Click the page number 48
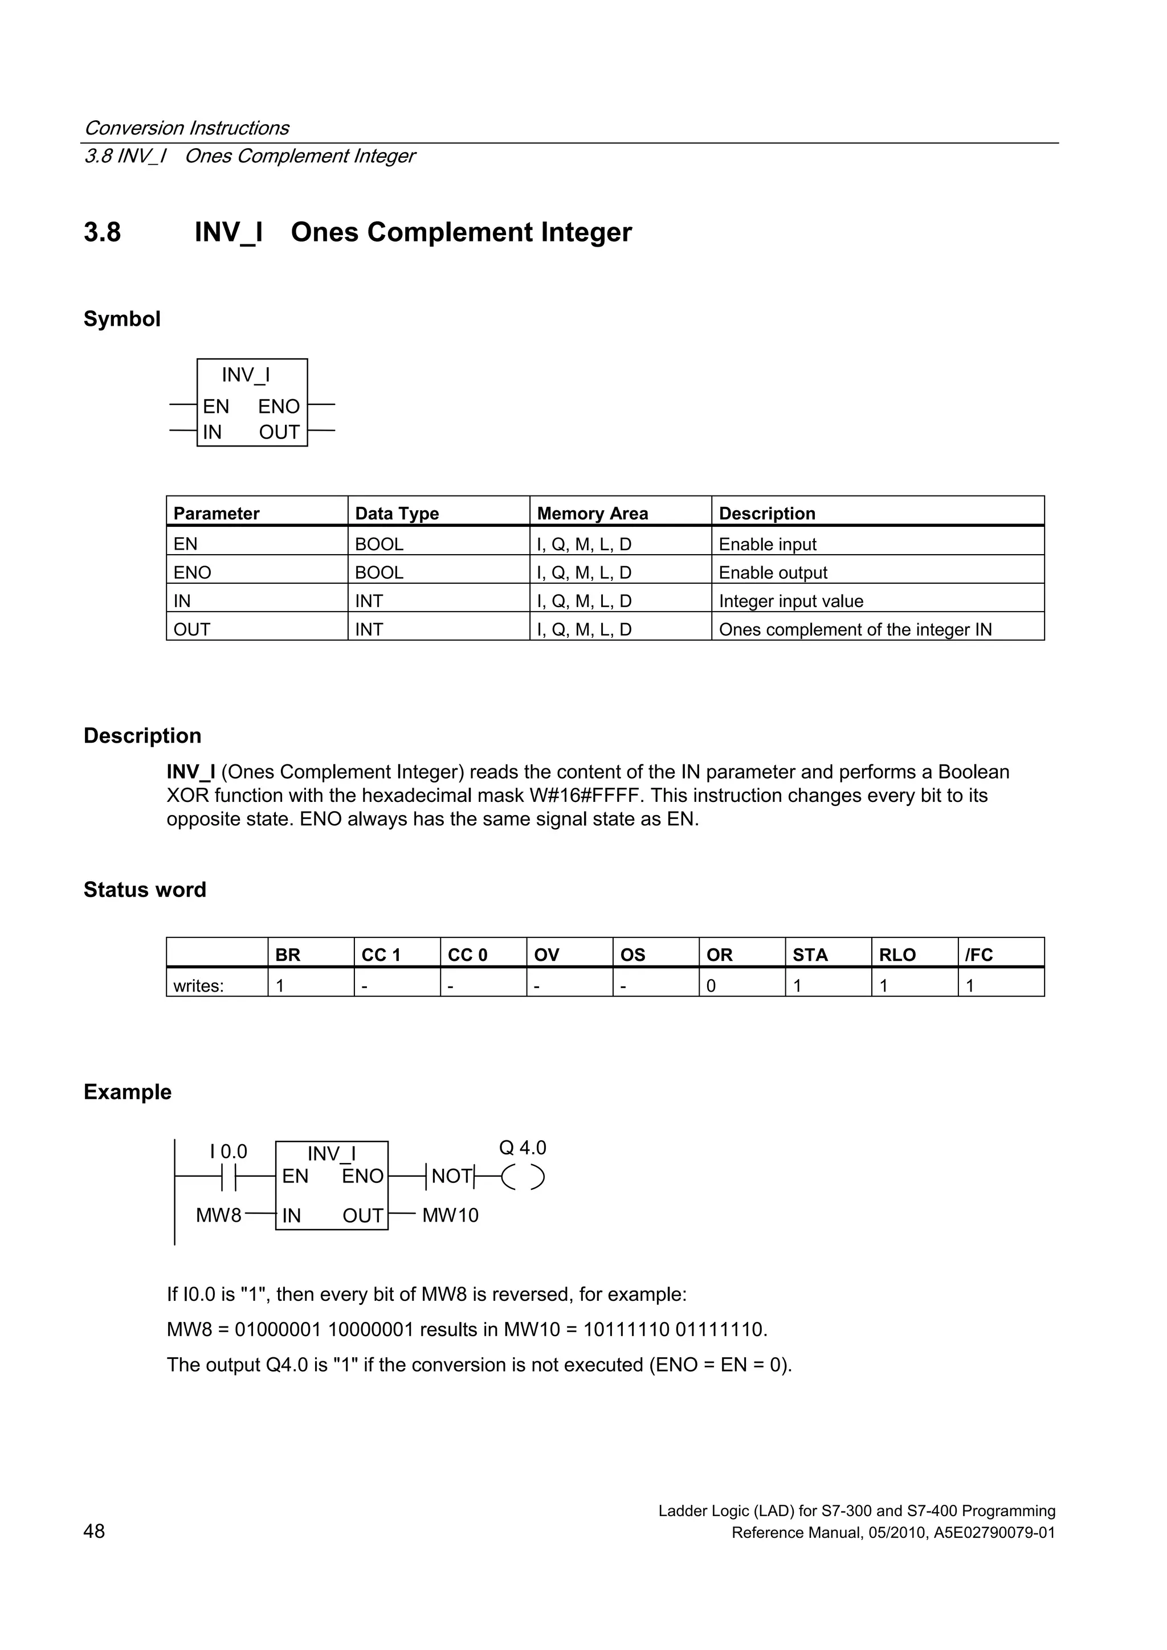(94, 1532)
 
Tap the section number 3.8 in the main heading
(102, 232)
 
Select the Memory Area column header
(592, 513)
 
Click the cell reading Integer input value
(790, 601)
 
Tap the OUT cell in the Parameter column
(192, 629)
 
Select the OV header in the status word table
(546, 955)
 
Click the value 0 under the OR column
(711, 985)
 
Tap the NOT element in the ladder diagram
(451, 1177)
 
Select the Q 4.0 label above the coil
(522, 1148)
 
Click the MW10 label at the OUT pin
(450, 1215)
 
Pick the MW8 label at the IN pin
(219, 1215)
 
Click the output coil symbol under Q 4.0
(523, 1177)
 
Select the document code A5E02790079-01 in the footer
(994, 1532)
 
